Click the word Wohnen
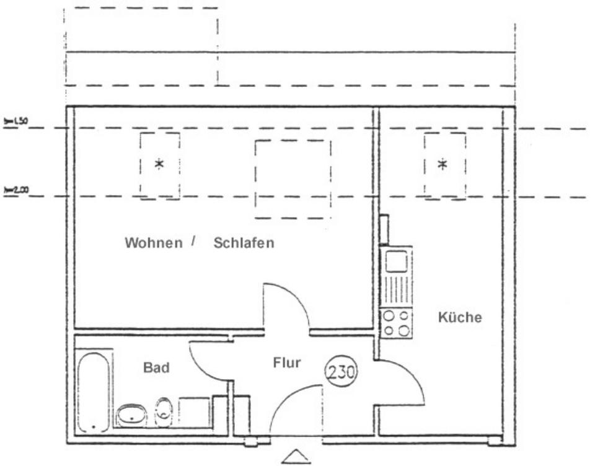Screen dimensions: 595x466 click(x=154, y=243)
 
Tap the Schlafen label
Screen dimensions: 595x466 click(x=244, y=243)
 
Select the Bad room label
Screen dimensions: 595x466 click(x=156, y=367)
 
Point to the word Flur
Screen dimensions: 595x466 click(x=287, y=363)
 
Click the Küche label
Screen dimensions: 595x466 click(x=460, y=318)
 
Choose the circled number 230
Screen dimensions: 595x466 click(x=341, y=373)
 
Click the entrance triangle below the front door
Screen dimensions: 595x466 click(x=296, y=457)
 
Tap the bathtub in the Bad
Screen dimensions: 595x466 click(x=94, y=392)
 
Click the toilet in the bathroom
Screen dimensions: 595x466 click(x=162, y=410)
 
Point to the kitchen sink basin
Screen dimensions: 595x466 click(x=396, y=262)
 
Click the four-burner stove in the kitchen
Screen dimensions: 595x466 click(x=396, y=323)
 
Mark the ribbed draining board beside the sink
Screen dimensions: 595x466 click(x=396, y=291)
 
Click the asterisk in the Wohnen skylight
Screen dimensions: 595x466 click(x=159, y=164)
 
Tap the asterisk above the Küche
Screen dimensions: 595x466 click(x=443, y=164)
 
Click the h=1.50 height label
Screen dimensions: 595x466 click(x=16, y=121)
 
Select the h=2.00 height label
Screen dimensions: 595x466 click(x=16, y=191)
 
